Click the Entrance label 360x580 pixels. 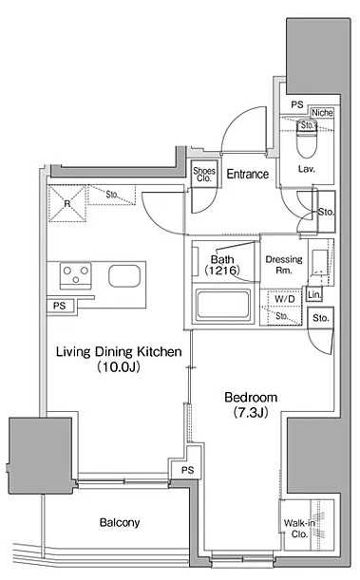248,174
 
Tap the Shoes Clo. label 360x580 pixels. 204,175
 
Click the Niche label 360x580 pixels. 322,112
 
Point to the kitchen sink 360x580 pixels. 124,276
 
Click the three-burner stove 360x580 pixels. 76,276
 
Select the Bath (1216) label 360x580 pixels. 222,265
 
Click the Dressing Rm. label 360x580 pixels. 284,265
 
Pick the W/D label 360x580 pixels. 285,298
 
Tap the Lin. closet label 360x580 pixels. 314,295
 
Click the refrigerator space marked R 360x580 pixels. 67,204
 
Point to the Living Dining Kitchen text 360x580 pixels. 119,351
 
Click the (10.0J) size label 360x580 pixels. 119,367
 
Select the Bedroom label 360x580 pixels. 251,398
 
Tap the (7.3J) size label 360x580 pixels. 251,412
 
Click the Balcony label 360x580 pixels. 120,522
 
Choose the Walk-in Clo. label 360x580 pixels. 299,529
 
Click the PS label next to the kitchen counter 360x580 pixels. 59,306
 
